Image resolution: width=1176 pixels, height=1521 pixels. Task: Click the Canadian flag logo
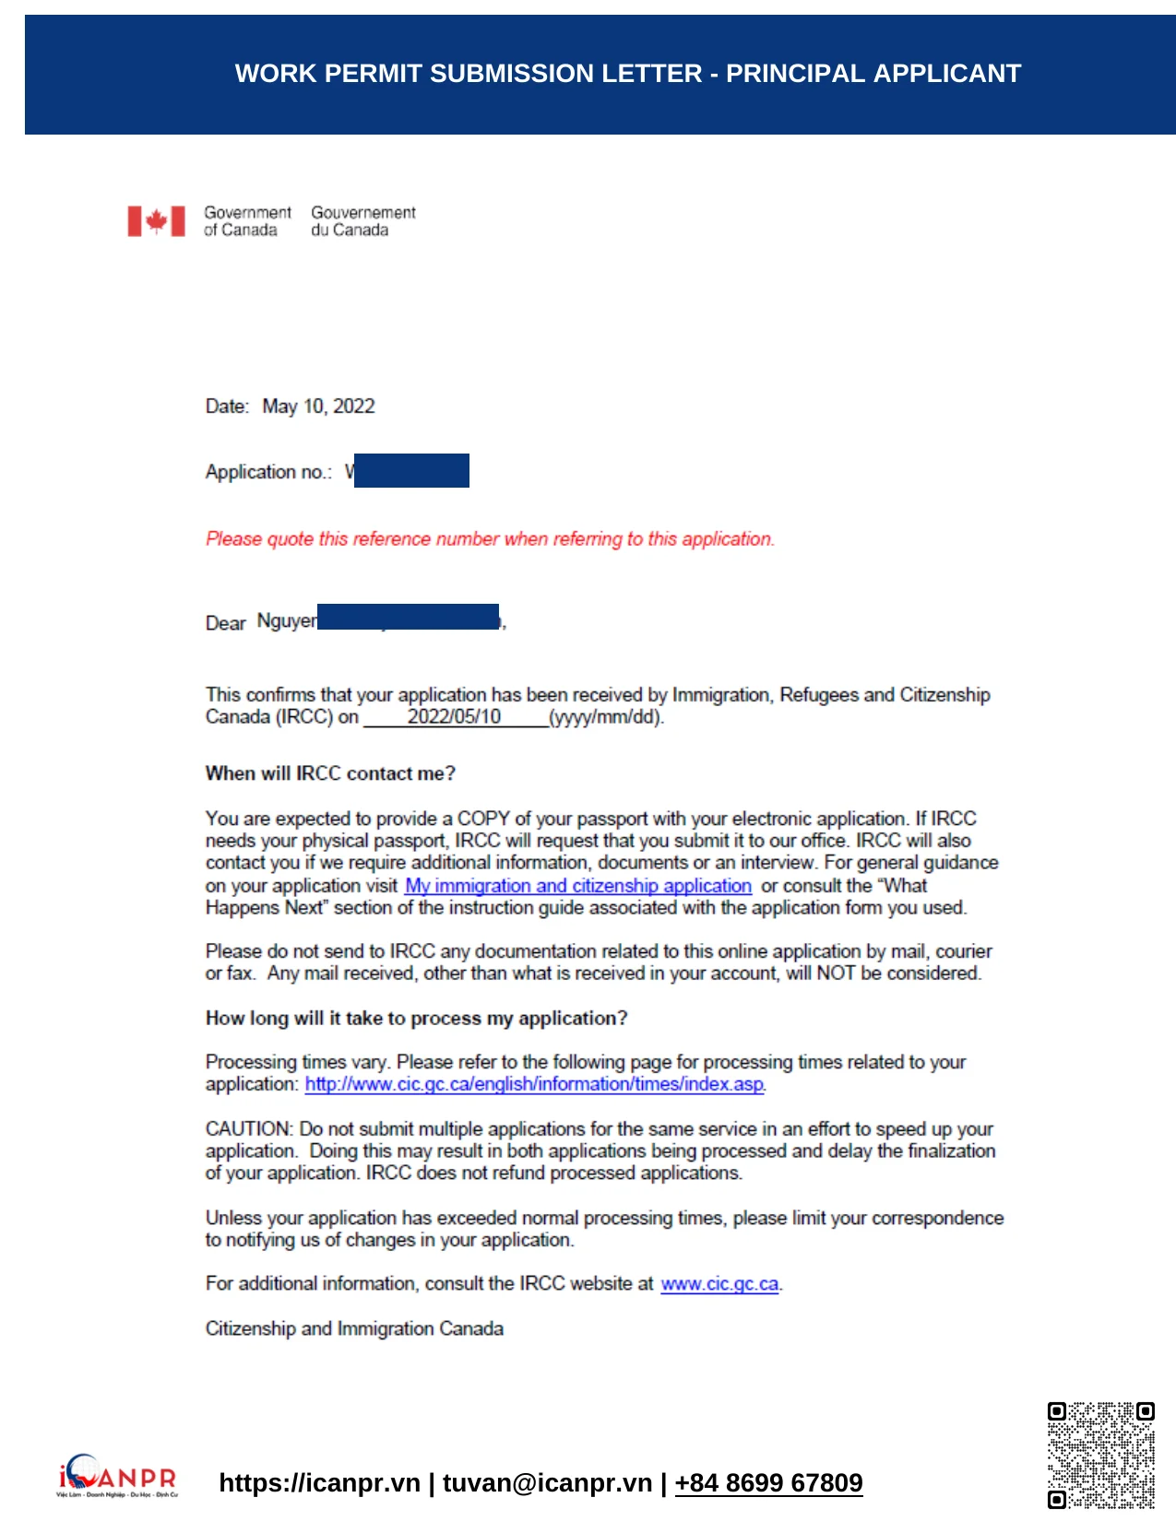tap(156, 221)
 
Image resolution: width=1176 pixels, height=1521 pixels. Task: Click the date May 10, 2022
tap(318, 407)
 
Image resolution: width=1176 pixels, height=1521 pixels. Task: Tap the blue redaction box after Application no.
tap(411, 470)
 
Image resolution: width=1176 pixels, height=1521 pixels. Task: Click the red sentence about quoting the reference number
tap(490, 538)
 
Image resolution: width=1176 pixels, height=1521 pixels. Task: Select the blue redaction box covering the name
tap(408, 617)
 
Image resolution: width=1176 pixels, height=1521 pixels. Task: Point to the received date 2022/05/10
tap(454, 716)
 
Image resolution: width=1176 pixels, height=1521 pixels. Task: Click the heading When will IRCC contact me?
tap(330, 773)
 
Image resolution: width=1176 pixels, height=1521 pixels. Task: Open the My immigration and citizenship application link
tap(578, 886)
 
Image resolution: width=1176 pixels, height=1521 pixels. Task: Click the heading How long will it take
tap(416, 1018)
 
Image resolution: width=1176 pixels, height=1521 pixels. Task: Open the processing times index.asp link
tap(534, 1084)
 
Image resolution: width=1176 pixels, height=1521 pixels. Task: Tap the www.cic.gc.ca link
tap(719, 1284)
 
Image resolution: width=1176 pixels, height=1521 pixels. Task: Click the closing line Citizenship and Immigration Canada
tap(354, 1328)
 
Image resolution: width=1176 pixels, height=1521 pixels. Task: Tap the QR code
tap(1100, 1455)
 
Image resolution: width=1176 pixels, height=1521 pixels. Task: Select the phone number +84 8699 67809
tap(768, 1482)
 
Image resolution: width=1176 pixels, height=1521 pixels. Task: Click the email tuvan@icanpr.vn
tap(547, 1482)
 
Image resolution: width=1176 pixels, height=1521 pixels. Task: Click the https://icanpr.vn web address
tap(319, 1482)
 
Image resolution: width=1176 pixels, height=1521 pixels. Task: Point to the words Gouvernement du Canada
tap(362, 221)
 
